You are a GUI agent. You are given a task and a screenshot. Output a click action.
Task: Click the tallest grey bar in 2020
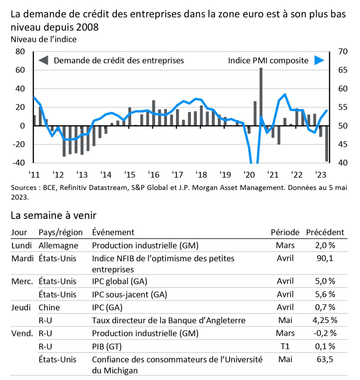261,97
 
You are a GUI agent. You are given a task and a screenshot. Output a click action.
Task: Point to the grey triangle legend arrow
43,60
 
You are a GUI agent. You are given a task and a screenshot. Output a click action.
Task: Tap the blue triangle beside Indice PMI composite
319,60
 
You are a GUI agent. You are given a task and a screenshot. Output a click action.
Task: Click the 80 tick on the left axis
20,51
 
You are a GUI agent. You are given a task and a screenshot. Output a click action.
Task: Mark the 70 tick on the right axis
343,51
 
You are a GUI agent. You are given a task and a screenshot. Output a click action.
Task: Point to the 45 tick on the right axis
343,144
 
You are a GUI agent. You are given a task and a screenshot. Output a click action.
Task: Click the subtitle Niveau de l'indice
43,39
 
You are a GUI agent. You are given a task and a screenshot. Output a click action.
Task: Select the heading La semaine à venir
53,215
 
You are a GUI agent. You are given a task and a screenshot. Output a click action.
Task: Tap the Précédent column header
325,232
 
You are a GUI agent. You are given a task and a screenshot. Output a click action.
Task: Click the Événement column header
113,232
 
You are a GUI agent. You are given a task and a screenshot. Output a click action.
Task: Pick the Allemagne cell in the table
58,245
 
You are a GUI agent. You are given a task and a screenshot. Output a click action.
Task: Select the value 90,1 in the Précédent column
325,258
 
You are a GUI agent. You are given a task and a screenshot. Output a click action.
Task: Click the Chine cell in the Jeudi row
49,307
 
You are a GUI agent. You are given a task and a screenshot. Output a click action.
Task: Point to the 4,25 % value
325,320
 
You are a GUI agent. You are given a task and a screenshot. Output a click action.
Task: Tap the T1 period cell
285,346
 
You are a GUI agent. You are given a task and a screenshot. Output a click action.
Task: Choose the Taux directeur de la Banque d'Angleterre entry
168,320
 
